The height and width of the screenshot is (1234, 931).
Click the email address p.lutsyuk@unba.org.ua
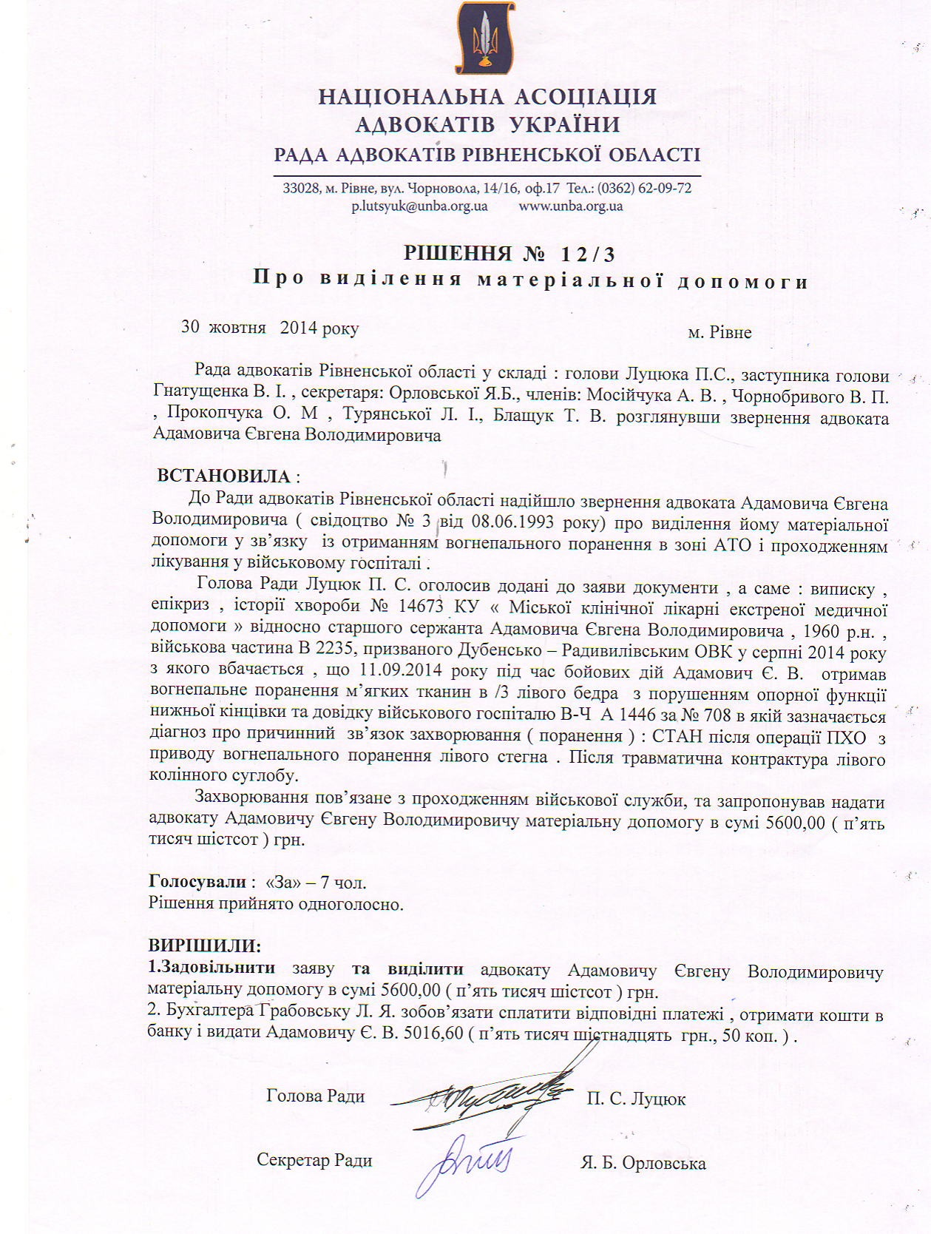point(419,206)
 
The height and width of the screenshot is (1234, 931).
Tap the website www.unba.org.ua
point(571,206)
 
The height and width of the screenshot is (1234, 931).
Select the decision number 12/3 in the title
point(588,254)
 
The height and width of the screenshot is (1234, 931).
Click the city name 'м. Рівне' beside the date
point(720,333)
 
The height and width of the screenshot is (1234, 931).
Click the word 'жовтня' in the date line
point(237,327)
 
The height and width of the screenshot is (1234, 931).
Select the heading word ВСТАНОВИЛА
point(223,476)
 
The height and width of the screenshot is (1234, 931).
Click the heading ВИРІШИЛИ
point(204,945)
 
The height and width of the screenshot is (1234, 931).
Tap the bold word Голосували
point(197,881)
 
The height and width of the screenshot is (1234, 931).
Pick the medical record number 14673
point(421,607)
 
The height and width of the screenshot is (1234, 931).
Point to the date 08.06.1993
point(512,522)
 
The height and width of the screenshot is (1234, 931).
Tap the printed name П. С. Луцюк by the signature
point(636,1099)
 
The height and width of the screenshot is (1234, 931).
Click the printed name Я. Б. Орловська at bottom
point(643,1164)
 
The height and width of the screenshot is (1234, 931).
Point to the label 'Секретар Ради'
point(314,1160)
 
